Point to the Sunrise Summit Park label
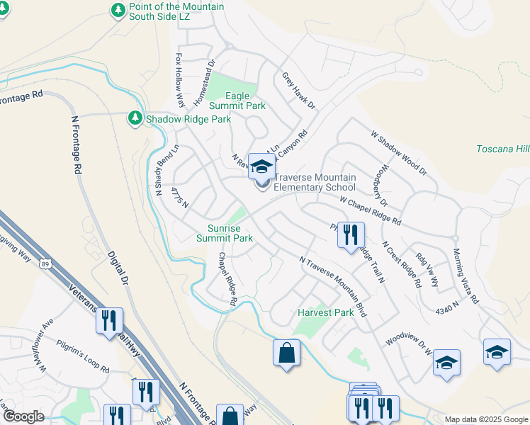tap(225, 233)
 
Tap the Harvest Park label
tap(325, 312)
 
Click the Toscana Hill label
tap(503, 149)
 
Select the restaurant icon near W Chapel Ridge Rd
tap(349, 235)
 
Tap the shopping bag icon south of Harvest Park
tap(286, 353)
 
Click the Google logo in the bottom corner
tap(23, 416)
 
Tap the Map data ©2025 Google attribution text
tap(485, 419)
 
